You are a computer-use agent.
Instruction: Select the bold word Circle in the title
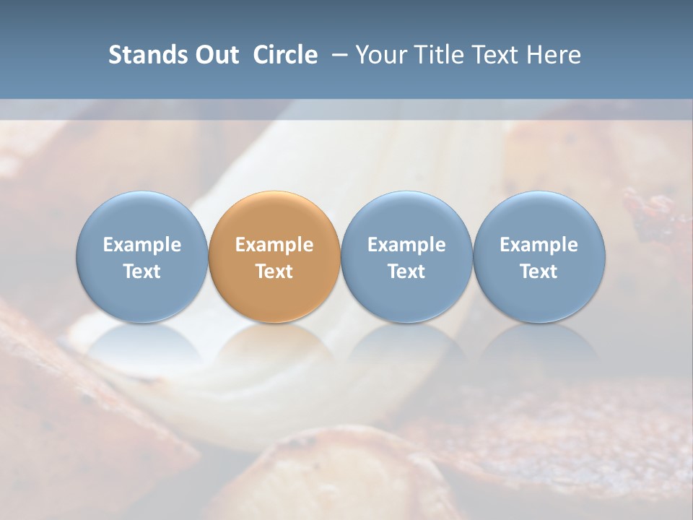point(285,55)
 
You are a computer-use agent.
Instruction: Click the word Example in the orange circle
point(274,245)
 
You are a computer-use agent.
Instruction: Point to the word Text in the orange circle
point(274,272)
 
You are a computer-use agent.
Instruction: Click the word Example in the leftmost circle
point(141,245)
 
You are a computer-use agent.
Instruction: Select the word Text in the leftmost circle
point(141,272)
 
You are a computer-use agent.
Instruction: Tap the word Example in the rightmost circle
point(539,245)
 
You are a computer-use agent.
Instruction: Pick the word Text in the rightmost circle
point(539,272)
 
